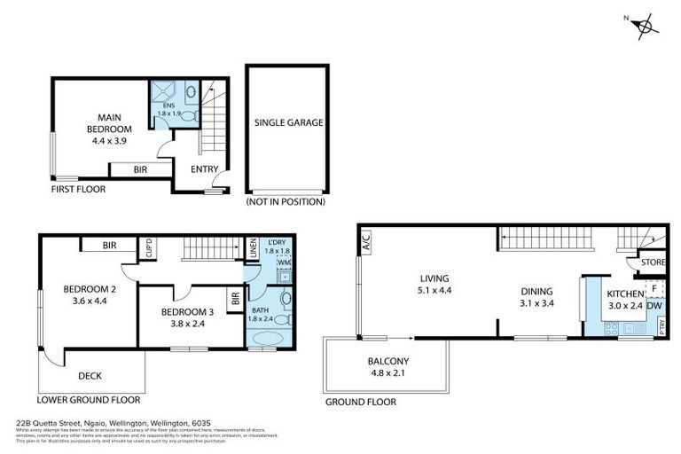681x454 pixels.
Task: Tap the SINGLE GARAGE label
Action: (x=288, y=122)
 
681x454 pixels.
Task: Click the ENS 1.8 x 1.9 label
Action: (x=168, y=109)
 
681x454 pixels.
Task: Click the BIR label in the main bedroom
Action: (x=140, y=169)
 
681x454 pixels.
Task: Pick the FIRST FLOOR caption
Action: (x=79, y=189)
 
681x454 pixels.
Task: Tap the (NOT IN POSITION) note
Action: (x=286, y=202)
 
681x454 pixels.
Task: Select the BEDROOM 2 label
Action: (x=88, y=294)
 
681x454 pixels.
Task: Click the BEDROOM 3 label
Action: (x=187, y=317)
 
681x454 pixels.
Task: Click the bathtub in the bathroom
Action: (x=268, y=338)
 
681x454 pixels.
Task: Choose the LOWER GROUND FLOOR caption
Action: (x=89, y=399)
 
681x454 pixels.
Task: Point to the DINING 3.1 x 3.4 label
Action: (x=536, y=297)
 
